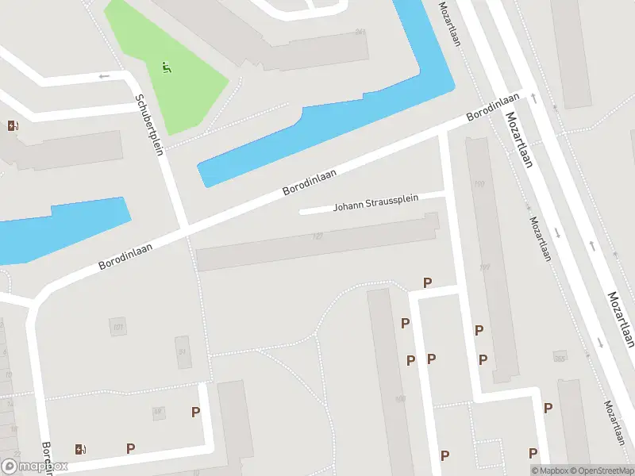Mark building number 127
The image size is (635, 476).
pyautogui.click(x=317, y=236)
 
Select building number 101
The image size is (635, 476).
pyautogui.click(x=118, y=326)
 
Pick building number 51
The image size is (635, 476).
pyautogui.click(x=183, y=352)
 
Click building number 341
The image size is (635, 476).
pyautogui.click(x=360, y=33)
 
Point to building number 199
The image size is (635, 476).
pyautogui.click(x=479, y=184)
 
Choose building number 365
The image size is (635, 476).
pyautogui.click(x=560, y=358)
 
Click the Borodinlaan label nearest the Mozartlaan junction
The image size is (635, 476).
pyautogui.click(x=493, y=107)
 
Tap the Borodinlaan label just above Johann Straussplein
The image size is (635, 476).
pyautogui.click(x=310, y=182)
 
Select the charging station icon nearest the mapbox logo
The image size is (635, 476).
pyautogui.click(x=79, y=450)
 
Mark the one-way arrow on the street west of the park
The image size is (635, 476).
pyautogui.click(x=103, y=76)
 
